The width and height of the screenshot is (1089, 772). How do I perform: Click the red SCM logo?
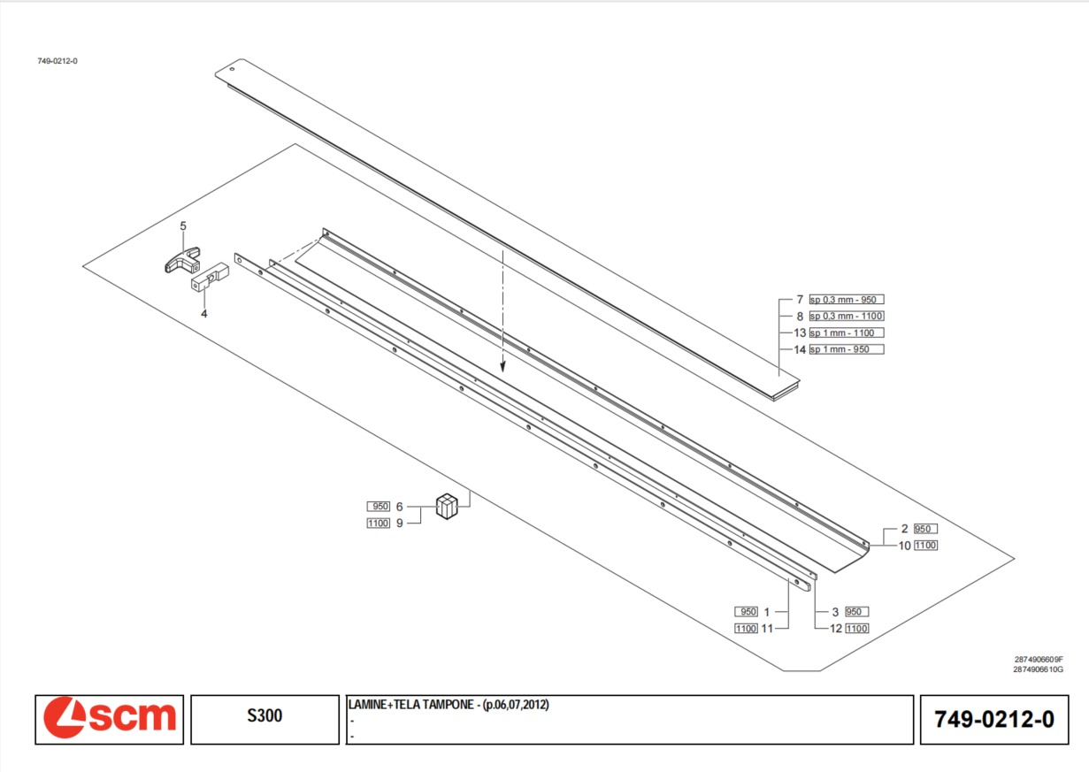click(x=110, y=718)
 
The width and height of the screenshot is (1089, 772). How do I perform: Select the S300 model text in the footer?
click(x=265, y=715)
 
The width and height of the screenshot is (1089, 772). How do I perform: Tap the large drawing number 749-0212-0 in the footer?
click(x=994, y=720)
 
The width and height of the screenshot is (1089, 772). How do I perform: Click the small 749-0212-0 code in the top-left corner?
click(x=58, y=61)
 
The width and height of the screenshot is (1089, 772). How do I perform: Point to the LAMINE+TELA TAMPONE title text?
click(x=449, y=705)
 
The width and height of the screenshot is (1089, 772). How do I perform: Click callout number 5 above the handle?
click(x=183, y=225)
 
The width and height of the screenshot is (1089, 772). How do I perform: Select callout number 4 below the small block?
click(x=204, y=314)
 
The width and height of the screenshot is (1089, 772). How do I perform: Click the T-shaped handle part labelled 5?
click(x=183, y=260)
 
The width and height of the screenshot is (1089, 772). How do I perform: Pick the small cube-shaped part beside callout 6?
click(x=447, y=506)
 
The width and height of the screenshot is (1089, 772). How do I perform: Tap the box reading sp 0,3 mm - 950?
click(x=847, y=300)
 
